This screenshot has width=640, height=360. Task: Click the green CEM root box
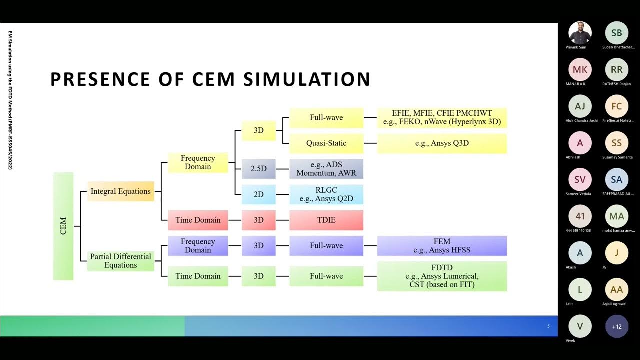(63, 226)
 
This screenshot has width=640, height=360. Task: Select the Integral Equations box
(120, 191)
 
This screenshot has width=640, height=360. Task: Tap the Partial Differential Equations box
(120, 261)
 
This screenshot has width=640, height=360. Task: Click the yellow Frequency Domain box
(198, 162)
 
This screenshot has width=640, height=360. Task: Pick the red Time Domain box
(198, 220)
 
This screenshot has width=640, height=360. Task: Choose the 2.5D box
(258, 169)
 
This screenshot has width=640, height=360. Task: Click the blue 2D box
(258, 194)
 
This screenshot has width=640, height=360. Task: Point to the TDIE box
(326, 220)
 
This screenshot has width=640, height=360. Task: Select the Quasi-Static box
(326, 143)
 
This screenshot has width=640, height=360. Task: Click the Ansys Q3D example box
(442, 143)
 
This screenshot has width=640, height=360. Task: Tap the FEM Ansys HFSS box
(442, 246)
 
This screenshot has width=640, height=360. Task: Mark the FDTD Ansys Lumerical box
(442, 276)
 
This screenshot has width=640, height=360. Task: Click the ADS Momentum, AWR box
(326, 169)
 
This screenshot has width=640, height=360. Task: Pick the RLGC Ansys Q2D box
(326, 194)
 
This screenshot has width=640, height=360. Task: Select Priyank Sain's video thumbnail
(580, 33)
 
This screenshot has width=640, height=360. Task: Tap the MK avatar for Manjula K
(580, 70)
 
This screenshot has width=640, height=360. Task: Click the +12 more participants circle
(617, 327)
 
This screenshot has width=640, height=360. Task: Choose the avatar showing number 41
(580, 216)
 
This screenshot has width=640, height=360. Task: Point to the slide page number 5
(548, 326)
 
